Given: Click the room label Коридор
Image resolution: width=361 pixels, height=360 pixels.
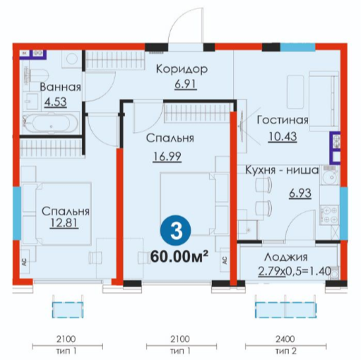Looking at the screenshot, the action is pos(182,69).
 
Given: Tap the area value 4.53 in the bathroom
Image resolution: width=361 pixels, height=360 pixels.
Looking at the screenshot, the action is pos(56,102).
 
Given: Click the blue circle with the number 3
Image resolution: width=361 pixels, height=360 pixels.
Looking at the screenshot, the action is pos(176,231).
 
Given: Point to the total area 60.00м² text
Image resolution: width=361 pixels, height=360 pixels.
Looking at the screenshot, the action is pos(179,256).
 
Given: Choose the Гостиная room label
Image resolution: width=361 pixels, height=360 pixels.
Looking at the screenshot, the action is pos(283,120).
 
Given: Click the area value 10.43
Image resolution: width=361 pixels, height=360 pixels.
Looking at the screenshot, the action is pos(283,137).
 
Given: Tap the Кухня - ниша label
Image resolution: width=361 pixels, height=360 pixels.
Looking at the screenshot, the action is pos(282,170).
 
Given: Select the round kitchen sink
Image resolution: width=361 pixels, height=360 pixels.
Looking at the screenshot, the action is pos(330,178).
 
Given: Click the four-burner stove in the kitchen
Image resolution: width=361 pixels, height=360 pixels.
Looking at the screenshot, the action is pos(329,215).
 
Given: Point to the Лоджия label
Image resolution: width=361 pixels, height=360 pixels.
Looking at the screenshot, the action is pos(285,258).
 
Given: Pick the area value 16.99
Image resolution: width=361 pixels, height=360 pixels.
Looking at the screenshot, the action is pos(167,157).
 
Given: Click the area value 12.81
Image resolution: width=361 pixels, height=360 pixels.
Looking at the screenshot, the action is pos(64,222).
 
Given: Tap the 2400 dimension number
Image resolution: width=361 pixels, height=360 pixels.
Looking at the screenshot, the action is pos(285,339).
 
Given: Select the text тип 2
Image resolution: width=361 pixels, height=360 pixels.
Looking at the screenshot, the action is pos(285,351).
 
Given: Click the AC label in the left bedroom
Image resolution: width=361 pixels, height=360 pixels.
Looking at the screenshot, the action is pos(25,262).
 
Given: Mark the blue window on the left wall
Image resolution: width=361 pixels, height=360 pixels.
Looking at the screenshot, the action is pos(16,213).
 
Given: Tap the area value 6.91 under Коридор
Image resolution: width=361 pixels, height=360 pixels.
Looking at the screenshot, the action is pos(186,84).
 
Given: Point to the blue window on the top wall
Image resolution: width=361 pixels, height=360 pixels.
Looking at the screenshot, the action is pos(297,47).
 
